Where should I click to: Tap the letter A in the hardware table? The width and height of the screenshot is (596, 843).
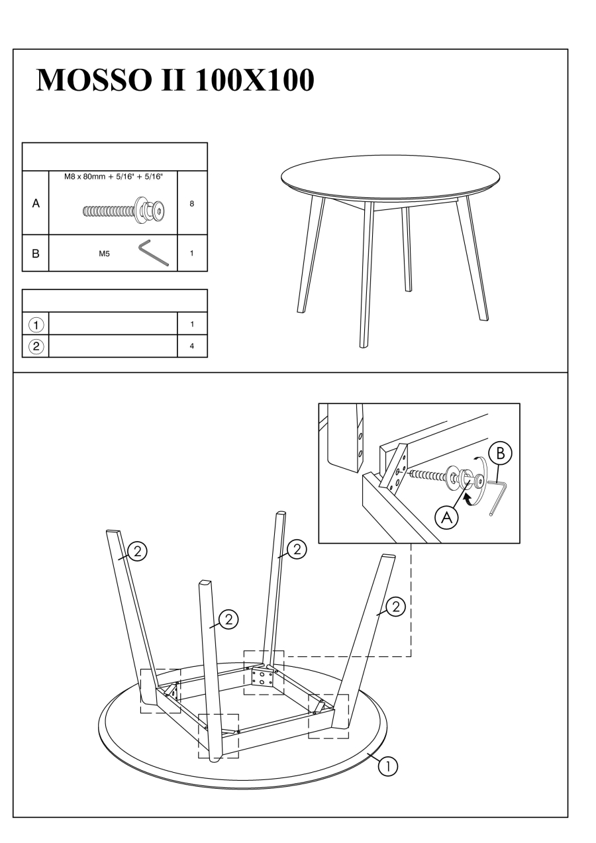pyautogui.click(x=36, y=203)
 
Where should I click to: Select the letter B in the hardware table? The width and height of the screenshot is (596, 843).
pyautogui.click(x=36, y=253)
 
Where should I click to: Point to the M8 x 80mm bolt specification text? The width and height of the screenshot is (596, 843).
pyautogui.click(x=113, y=176)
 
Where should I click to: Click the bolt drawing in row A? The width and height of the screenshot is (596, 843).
pyautogui.click(x=124, y=211)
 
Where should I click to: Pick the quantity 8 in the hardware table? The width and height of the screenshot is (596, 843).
pyautogui.click(x=192, y=203)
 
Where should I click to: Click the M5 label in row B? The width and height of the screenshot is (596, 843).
pyautogui.click(x=104, y=254)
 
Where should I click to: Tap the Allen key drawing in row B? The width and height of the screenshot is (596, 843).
pyautogui.click(x=154, y=253)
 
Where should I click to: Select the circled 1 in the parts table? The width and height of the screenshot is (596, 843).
pyautogui.click(x=36, y=324)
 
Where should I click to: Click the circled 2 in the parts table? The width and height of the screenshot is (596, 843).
pyautogui.click(x=36, y=346)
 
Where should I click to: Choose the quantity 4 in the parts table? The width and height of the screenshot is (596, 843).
pyautogui.click(x=192, y=346)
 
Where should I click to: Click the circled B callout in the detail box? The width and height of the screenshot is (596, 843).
pyautogui.click(x=500, y=453)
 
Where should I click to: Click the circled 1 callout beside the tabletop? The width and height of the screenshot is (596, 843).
pyautogui.click(x=387, y=766)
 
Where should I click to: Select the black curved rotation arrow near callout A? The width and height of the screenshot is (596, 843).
pyautogui.click(x=468, y=500)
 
